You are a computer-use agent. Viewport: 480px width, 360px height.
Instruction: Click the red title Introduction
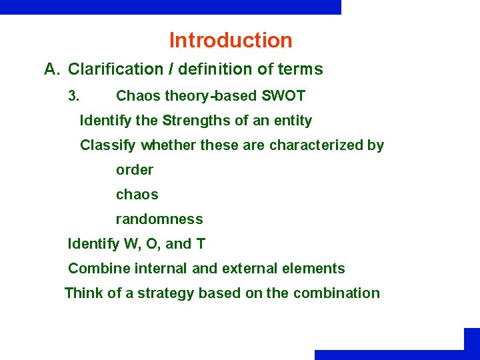pyautogui.click(x=231, y=41)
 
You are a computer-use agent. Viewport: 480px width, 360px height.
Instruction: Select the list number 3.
pyautogui.click(x=74, y=96)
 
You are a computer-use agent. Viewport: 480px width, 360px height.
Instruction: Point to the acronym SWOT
pyautogui.click(x=283, y=96)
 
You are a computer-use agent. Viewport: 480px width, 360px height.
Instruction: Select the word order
pyautogui.click(x=135, y=170)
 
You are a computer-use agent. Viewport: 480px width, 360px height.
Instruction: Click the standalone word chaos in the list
pyautogui.click(x=137, y=195)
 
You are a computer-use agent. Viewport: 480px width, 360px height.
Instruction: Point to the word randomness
pyautogui.click(x=159, y=219)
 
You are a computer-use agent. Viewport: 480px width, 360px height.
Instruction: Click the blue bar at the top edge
pyautogui.click(x=171, y=7)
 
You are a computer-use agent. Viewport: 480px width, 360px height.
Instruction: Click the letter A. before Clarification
pyautogui.click(x=53, y=69)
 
